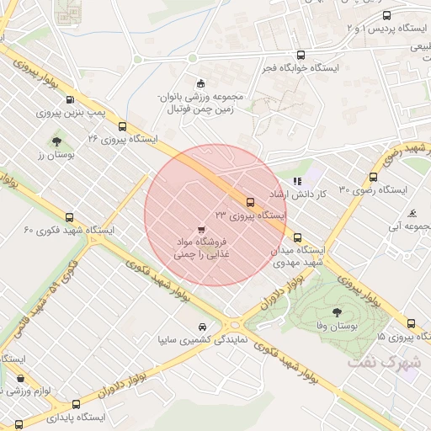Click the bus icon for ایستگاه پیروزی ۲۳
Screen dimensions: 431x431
[250, 202]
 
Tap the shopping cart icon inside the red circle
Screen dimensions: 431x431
[200, 228]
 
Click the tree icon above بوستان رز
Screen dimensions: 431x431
[56, 141]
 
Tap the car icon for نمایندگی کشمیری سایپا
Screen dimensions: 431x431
[202, 327]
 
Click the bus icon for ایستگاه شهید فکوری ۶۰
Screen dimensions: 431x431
[70, 217]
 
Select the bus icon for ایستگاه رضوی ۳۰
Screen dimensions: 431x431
[373, 177]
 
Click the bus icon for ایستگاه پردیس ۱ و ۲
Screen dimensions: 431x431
[386, 15]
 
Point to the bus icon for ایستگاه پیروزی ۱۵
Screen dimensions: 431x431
[411, 323]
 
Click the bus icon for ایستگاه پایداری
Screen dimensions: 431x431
[76, 404]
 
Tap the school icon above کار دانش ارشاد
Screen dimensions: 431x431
[296, 180]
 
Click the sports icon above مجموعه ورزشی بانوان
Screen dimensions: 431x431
[200, 82]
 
